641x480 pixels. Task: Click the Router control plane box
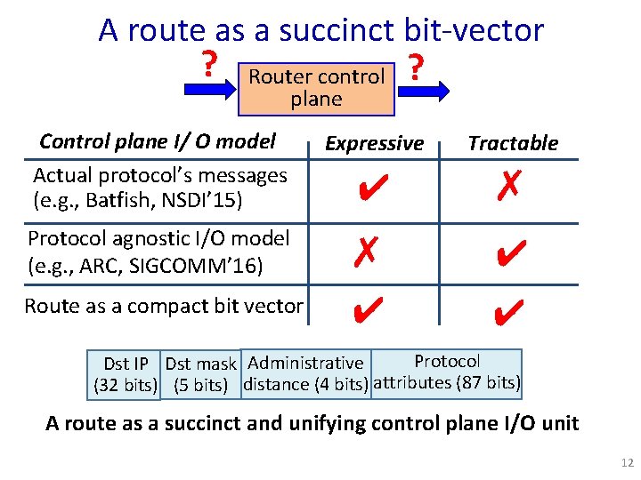coord(316,87)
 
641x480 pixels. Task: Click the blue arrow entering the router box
coord(207,89)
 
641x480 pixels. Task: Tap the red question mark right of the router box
coord(414,65)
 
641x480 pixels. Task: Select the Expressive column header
coord(374,143)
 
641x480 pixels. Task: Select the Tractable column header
coord(513,143)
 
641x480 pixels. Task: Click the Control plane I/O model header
coord(158,141)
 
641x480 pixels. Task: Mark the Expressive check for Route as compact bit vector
coord(367,308)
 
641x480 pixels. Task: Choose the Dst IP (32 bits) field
coord(126,374)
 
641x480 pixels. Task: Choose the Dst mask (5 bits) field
coord(200,374)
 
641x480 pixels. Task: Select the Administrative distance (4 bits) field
coord(305,374)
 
